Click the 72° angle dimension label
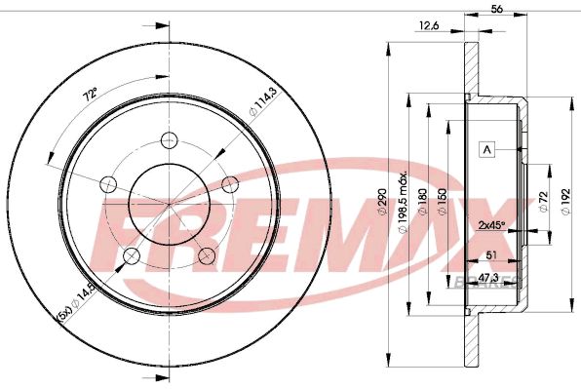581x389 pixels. [90, 97]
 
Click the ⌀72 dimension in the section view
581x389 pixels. [542, 201]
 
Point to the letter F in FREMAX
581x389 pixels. [118, 225]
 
